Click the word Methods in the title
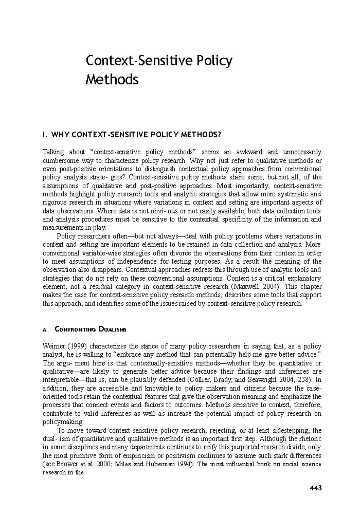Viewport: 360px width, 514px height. [112, 80]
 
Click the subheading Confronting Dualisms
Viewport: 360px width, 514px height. [91, 330]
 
